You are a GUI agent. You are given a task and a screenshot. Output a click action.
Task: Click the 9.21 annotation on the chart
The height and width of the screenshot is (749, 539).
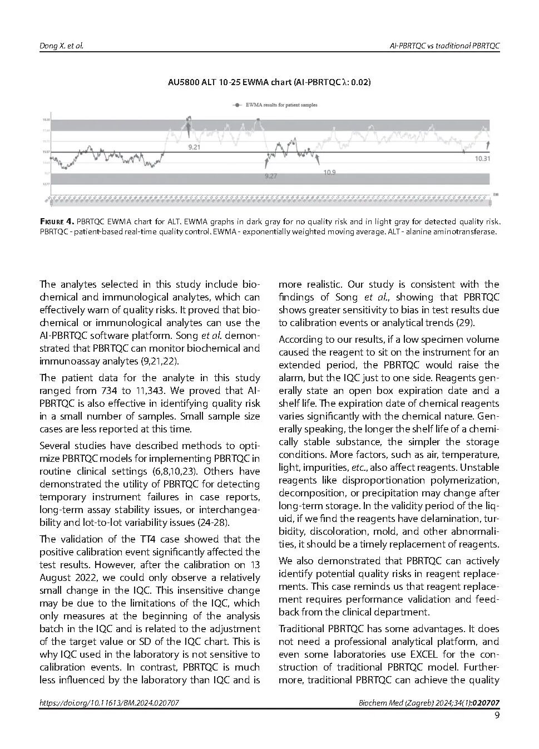[194, 147]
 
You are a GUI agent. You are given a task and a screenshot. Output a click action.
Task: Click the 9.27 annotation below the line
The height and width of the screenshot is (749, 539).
[271, 176]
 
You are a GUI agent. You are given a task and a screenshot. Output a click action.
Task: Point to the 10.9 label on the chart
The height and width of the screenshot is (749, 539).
[329, 173]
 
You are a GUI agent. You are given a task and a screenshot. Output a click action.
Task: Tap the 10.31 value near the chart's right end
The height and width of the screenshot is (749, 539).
[482, 159]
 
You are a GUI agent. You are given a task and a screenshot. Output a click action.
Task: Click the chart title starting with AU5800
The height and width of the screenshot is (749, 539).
[269, 82]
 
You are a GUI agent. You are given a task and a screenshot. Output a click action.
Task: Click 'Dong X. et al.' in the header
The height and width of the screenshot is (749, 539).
[61, 45]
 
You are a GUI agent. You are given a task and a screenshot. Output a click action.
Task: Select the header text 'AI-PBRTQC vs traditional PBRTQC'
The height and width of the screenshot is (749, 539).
[444, 45]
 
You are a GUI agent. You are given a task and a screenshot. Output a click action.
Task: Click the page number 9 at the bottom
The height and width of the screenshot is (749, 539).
[496, 716]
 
